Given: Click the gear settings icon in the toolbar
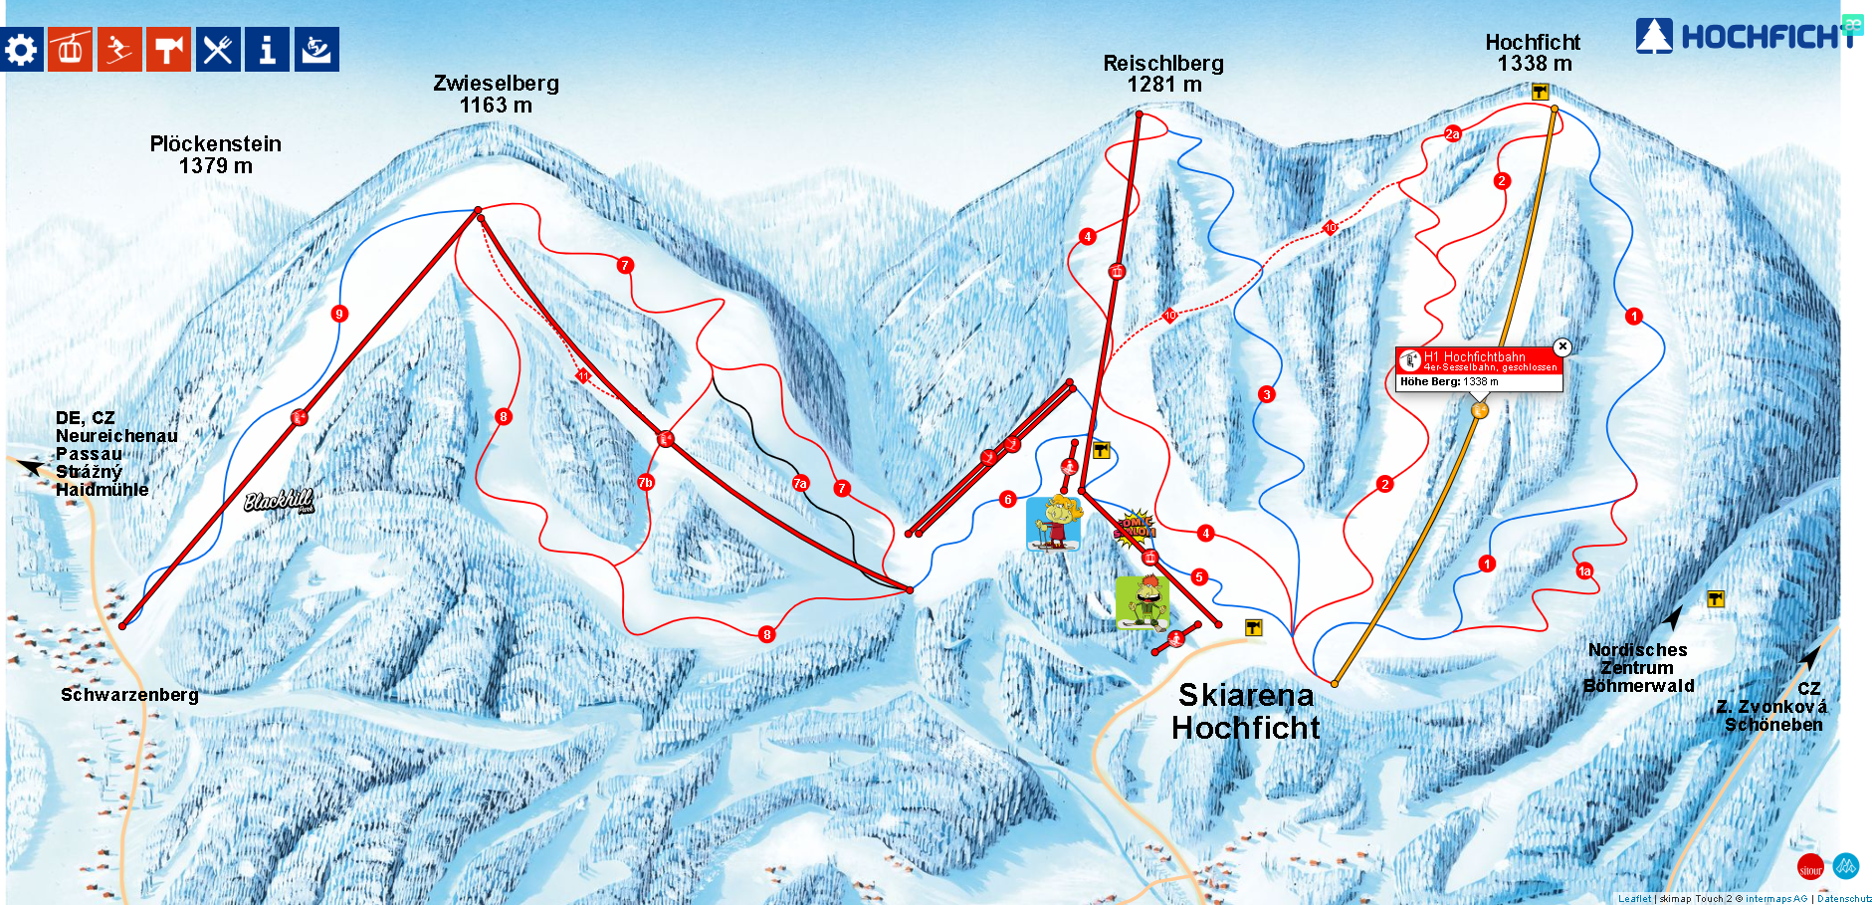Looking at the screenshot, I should click(x=21, y=50).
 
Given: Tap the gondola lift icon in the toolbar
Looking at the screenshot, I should click(x=70, y=50).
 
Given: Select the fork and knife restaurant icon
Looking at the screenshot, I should click(x=218, y=50).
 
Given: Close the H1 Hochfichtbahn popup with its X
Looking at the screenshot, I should click(x=1562, y=346).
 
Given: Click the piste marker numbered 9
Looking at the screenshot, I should click(x=339, y=314).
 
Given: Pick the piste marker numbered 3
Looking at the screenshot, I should click(x=1267, y=394).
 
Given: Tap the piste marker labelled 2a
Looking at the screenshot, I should click(x=1453, y=133).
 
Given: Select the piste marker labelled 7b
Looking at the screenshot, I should click(x=646, y=482).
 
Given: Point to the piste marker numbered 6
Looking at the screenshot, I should click(x=1008, y=500).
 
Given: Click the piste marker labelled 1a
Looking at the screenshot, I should click(x=1585, y=571).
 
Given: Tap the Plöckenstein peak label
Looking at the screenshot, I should click(x=216, y=155).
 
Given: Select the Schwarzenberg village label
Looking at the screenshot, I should click(x=129, y=695).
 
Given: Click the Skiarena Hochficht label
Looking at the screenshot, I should click(x=1246, y=711).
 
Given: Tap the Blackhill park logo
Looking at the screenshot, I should click(x=280, y=501).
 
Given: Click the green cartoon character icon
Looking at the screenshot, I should click(x=1142, y=602).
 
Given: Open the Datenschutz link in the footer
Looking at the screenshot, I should click(x=1844, y=899).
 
